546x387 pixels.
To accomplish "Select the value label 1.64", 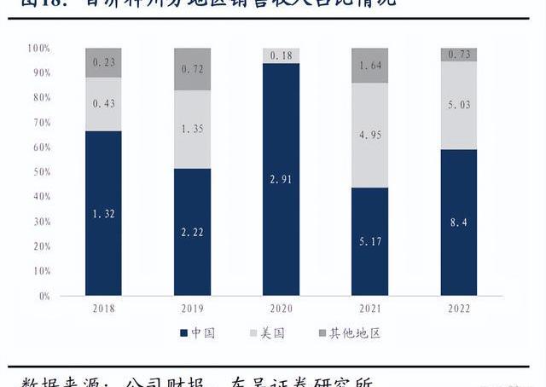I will coord(369,66).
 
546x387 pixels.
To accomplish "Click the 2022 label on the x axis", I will coord(459,308).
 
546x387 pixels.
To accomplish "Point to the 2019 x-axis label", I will coord(192,308).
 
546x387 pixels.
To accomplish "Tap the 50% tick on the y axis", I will coord(39,172).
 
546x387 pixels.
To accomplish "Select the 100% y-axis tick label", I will coord(38,49).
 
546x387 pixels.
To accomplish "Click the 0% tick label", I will coord(42,296).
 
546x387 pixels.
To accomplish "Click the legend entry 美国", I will coord(275,333).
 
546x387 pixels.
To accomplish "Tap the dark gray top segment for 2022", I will coord(459,55).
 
